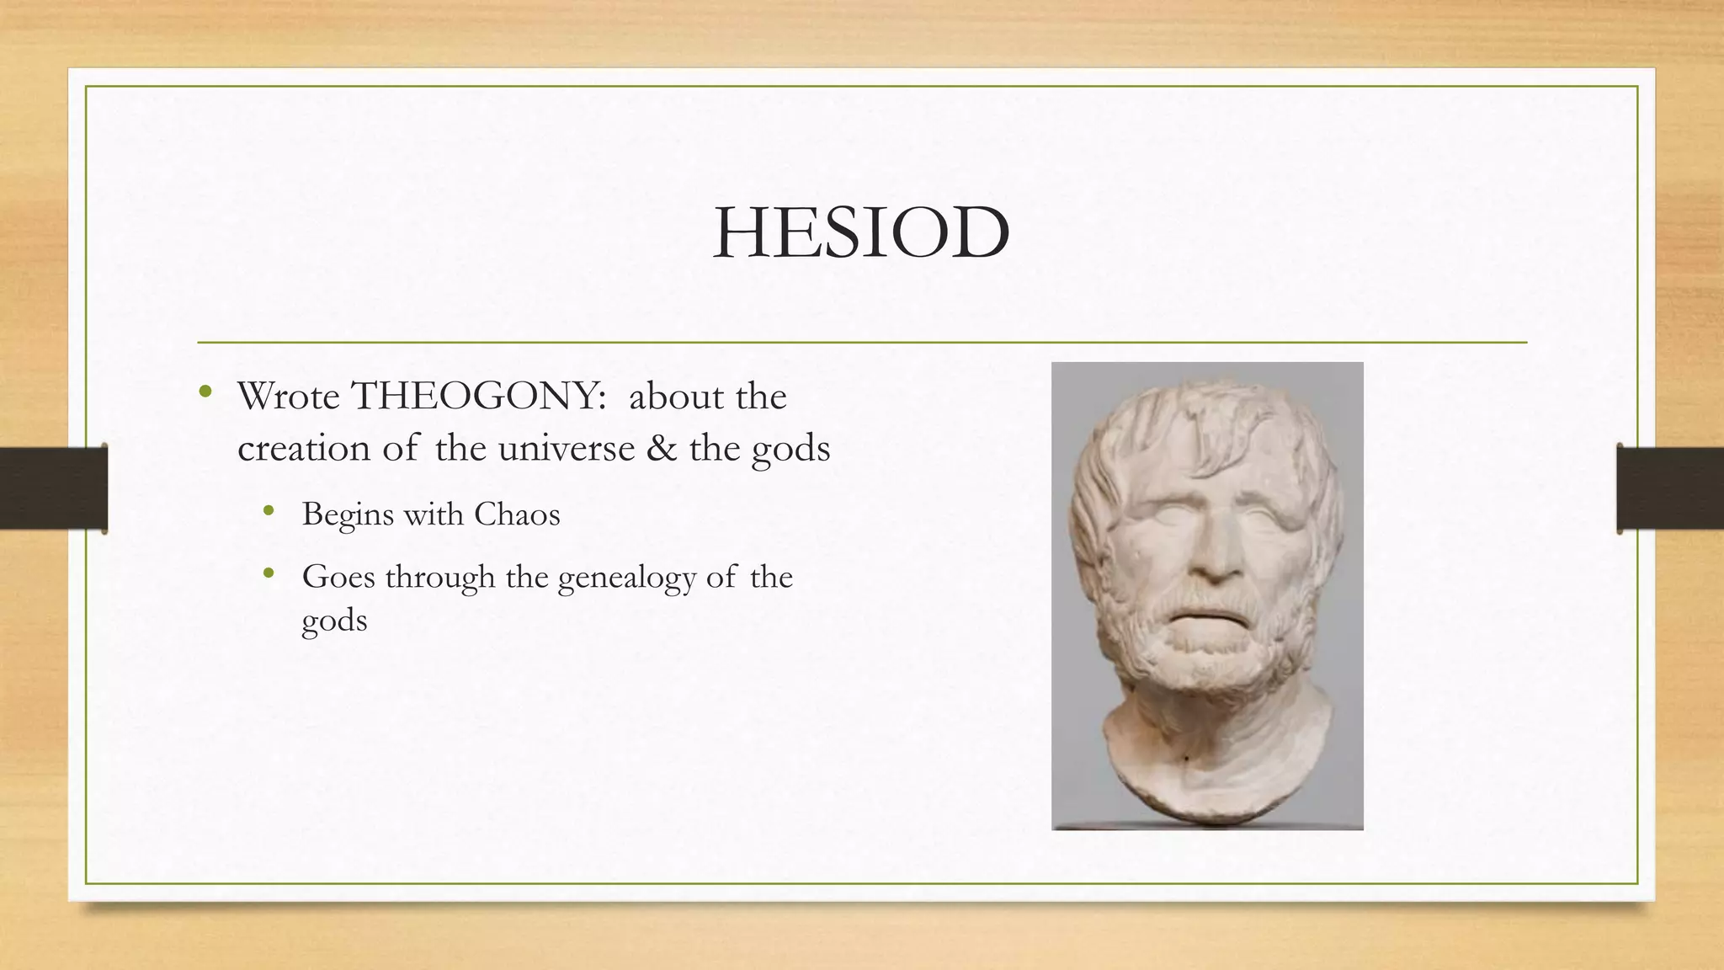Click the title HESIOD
[861, 232]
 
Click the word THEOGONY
[477, 396]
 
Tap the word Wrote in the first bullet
[288, 396]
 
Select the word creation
[303, 448]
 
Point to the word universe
[566, 448]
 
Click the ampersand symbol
[662, 448]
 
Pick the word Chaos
[517, 514]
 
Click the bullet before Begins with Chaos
[269, 509]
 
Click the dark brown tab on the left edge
[53, 488]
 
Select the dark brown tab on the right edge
[1670, 488]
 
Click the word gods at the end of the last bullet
[334, 622]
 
